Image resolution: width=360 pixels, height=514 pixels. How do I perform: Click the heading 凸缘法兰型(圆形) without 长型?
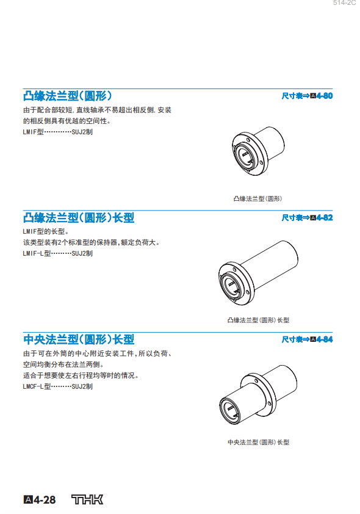pyautogui.click(x=68, y=96)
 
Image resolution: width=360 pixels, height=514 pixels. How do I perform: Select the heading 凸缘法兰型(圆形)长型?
pyautogui.click(x=79, y=218)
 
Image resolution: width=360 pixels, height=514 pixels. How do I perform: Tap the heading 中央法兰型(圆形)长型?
pyautogui.click(x=79, y=339)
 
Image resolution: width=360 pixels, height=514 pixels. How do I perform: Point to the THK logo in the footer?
pyautogui.click(x=87, y=499)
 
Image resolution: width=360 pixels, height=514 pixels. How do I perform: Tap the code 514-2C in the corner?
pyautogui.click(x=344, y=3)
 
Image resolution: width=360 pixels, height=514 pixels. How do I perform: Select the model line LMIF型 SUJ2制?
pyautogui.click(x=57, y=132)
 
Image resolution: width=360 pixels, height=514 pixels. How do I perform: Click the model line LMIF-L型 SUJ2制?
pyautogui.click(x=57, y=253)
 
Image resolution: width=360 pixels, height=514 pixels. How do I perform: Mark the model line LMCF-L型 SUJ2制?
pyautogui.click(x=57, y=386)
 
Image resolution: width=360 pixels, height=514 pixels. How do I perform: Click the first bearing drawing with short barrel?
pyautogui.click(x=257, y=151)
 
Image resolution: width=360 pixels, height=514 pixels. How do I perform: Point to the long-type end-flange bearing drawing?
pyautogui.click(x=258, y=273)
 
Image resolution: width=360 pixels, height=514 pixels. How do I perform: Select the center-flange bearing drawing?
pyautogui.click(x=258, y=395)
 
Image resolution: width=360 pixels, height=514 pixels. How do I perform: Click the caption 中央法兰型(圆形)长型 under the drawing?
pyautogui.click(x=259, y=442)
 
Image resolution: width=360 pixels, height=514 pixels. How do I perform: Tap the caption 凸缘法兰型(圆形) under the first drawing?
pyautogui.click(x=257, y=198)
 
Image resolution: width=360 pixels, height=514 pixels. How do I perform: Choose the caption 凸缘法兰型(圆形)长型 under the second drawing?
pyautogui.click(x=259, y=320)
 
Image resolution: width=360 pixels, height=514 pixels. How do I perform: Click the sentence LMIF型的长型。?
pyautogui.click(x=46, y=231)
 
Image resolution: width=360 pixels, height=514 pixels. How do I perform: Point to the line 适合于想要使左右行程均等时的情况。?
pyautogui.click(x=81, y=375)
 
